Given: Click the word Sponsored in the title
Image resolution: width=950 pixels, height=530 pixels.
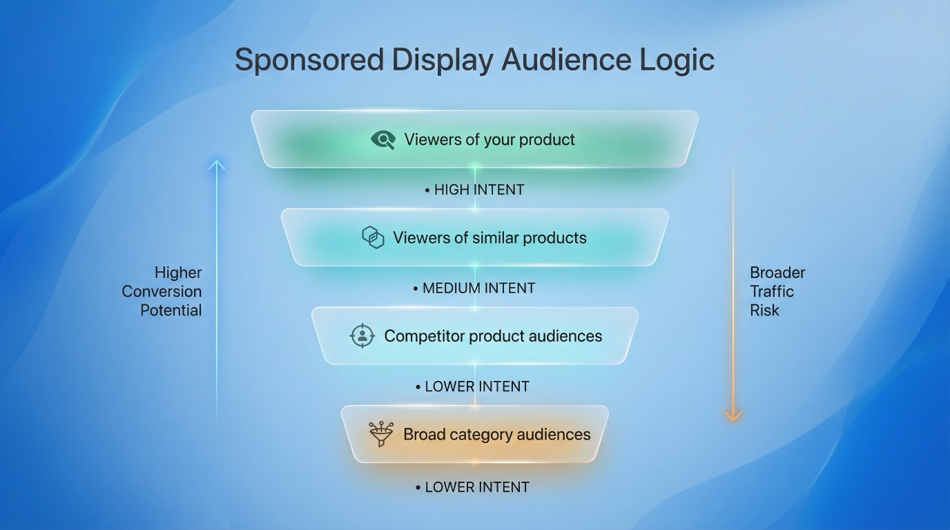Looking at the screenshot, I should point(309,60).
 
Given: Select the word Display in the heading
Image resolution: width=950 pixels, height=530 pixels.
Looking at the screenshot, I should point(443,60).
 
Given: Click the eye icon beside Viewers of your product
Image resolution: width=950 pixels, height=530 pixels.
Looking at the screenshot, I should point(382,140).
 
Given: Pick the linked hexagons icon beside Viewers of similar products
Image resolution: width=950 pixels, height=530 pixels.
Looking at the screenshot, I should point(373,237).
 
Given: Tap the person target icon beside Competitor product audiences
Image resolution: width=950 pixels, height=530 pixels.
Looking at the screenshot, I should point(362,336).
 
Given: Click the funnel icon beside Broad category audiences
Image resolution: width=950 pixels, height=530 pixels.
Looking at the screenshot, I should point(381,434).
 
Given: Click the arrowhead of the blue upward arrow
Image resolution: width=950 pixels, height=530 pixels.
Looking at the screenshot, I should point(217,165).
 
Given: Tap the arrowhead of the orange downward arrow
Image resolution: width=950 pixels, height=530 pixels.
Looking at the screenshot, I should point(733,415).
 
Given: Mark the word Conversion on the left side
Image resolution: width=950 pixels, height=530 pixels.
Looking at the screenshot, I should point(162,291).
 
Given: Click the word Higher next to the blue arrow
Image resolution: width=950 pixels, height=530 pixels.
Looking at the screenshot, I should point(178,273).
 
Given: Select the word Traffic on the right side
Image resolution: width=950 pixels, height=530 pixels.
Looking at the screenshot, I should point(772,291).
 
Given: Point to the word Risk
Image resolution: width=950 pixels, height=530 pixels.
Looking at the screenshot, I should point(764,310).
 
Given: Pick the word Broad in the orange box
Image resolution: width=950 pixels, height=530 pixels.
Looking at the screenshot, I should point(424,434).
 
